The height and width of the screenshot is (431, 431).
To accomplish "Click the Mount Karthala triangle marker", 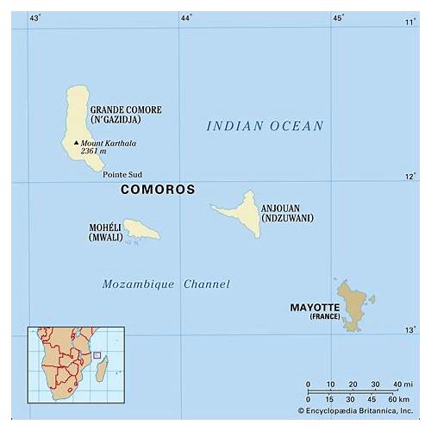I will tap(76, 143).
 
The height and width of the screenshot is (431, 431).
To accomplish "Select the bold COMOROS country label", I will tap(158, 189).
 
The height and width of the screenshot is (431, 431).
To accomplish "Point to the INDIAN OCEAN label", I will tap(265, 126).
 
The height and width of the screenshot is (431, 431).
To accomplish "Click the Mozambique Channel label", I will tap(166, 284).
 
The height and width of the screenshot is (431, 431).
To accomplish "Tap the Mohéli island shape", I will tap(141, 228).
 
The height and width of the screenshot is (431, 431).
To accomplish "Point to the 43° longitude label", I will tap(35, 17).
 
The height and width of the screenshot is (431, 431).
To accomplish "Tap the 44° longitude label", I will tap(186, 17).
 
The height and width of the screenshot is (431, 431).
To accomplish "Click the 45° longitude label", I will tap(338, 17).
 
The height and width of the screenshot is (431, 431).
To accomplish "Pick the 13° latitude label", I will tap(410, 330).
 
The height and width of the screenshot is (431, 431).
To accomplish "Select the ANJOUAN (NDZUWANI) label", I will tap(286, 212).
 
